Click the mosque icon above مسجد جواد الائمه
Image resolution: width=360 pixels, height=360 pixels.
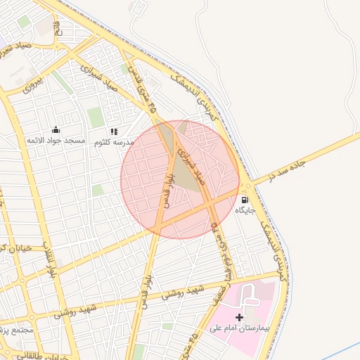point(56,130)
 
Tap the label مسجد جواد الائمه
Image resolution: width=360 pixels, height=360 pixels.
point(56,141)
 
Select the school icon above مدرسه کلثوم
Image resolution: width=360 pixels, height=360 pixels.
point(114,131)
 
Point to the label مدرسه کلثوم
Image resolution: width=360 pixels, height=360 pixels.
point(114,142)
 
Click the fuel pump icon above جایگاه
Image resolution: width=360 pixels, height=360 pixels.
point(245,199)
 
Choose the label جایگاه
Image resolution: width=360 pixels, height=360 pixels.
point(245,210)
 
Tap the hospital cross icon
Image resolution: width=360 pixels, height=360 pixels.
point(240,318)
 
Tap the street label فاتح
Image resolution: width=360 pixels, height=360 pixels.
point(58,32)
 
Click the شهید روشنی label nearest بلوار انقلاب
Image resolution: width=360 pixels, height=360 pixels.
point(96,308)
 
